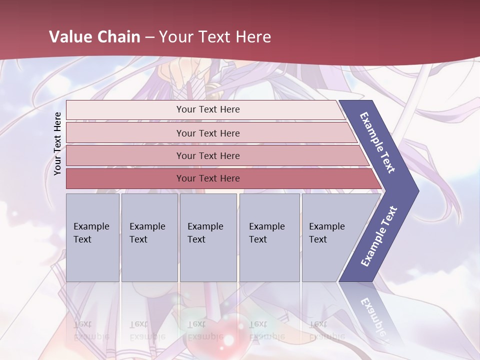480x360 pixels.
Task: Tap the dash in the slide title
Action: (x=150, y=37)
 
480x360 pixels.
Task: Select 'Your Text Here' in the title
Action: (x=215, y=37)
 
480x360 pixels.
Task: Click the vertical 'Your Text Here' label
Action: (x=57, y=143)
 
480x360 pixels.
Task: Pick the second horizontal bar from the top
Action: (x=207, y=133)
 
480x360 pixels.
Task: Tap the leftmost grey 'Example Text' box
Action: (x=92, y=237)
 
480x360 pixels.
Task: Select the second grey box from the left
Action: (x=149, y=237)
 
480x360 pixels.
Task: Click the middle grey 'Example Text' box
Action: (x=208, y=237)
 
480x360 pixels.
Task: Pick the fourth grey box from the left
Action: (x=269, y=237)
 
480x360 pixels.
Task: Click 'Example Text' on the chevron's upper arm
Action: (x=378, y=143)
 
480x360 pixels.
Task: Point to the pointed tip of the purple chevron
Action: (x=417, y=191)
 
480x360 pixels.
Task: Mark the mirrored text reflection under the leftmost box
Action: (x=91, y=330)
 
